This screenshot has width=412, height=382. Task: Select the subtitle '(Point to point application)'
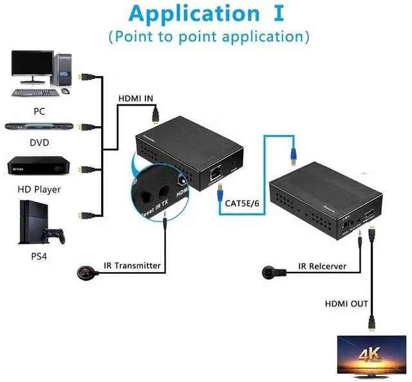point(209,36)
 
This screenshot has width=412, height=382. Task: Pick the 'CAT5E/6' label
point(243,203)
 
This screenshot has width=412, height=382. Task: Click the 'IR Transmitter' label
point(132,265)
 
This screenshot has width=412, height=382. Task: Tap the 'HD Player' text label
point(39,189)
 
